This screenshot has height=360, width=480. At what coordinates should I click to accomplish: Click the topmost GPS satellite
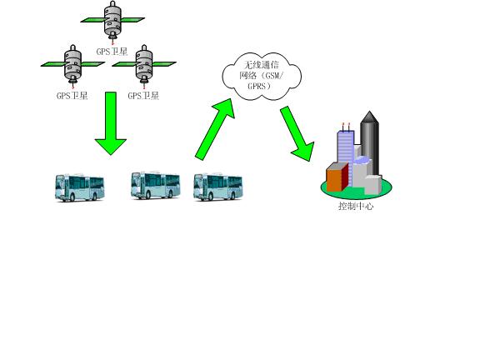(x=112, y=20)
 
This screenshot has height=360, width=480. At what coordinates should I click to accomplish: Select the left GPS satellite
(x=72, y=64)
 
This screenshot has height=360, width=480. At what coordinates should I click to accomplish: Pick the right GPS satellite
(x=144, y=64)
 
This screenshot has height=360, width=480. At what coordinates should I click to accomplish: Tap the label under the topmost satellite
(x=112, y=52)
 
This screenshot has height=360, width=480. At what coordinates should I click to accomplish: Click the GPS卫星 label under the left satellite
(x=72, y=96)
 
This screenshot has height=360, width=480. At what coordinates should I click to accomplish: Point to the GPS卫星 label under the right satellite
(x=143, y=96)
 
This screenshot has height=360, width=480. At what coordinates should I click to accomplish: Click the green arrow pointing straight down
(x=111, y=123)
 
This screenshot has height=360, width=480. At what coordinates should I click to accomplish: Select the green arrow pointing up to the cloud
(x=215, y=129)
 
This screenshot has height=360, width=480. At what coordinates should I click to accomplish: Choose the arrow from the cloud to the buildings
(x=297, y=133)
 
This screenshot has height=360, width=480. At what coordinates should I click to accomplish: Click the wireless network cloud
(x=262, y=77)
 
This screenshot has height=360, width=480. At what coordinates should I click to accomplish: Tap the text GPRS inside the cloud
(x=257, y=86)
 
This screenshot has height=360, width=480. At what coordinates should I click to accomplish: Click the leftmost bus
(x=80, y=187)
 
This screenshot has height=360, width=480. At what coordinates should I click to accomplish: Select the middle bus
(x=156, y=186)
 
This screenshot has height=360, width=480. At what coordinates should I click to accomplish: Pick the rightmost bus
(x=218, y=187)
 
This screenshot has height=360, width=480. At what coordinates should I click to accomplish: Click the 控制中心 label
(x=356, y=206)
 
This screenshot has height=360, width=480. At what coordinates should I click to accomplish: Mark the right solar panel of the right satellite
(x=164, y=64)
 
